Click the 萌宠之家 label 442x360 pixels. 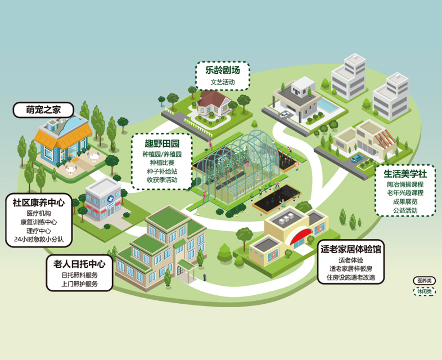point(43,110)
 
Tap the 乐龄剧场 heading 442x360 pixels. point(223,70)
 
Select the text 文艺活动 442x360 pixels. point(223,82)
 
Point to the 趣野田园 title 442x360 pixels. point(162,143)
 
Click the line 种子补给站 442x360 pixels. point(162,171)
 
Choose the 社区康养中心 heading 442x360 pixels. point(39,202)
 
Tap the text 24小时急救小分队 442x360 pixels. point(39,239)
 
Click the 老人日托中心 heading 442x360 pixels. point(79,264)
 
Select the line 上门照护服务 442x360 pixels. point(79,283)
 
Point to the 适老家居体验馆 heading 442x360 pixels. point(351,249)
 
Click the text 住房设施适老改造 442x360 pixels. point(351,277)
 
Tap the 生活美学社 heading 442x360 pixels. point(405,174)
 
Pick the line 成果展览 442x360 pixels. point(405,201)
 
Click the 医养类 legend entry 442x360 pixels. point(424,281)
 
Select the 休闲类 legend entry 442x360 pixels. point(424,291)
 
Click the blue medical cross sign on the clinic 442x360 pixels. point(110,199)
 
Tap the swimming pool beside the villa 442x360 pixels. point(327,105)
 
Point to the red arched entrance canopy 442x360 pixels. point(300,236)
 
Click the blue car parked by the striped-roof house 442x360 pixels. point(357,158)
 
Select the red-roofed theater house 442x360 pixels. point(213,103)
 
